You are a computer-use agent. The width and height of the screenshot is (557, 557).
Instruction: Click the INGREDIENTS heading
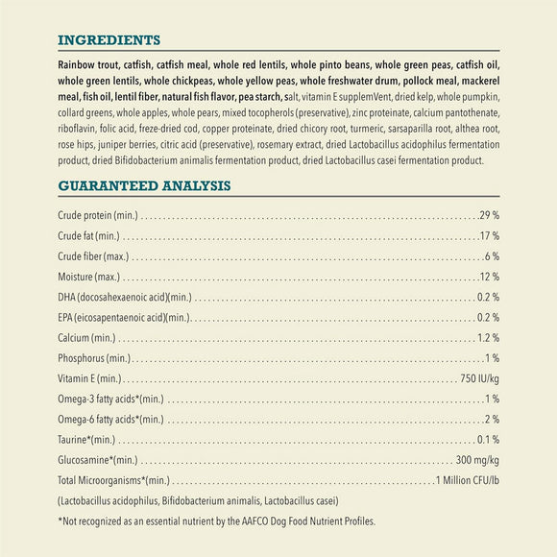pos(109,40)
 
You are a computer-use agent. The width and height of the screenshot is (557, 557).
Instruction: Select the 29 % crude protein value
pos(489,214)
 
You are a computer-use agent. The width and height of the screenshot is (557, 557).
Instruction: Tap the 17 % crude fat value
pos(489,235)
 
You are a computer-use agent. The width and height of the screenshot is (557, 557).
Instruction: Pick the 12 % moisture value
pos(489,277)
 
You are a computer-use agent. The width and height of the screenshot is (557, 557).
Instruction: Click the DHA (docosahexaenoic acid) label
pos(125,297)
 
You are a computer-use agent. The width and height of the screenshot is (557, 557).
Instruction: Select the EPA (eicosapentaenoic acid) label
pos(123,318)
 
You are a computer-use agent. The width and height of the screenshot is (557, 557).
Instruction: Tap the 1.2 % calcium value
pos(488,338)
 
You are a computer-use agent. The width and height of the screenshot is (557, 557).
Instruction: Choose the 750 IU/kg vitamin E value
pos(479,378)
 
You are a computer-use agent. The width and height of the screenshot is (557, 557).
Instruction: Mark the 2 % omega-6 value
pos(492,419)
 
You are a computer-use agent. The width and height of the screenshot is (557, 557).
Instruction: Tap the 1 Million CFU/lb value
pos(467,480)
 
